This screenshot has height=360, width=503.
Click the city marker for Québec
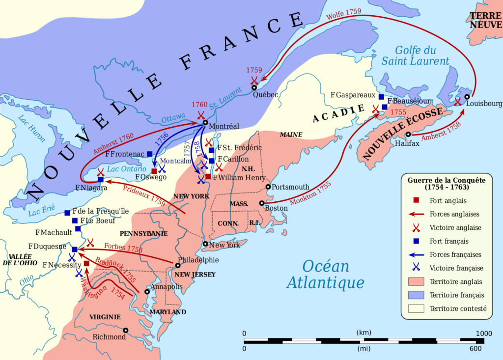(x=254, y=88)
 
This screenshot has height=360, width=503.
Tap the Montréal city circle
(x=205, y=123)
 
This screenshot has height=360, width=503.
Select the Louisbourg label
(x=484, y=104)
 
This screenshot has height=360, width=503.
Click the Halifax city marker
(x=408, y=135)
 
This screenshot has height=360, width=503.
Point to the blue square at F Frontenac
(x=150, y=154)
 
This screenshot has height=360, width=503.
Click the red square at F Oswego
(x=154, y=171)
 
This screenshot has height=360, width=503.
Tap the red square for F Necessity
(x=86, y=264)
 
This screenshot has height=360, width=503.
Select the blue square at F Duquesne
(x=75, y=249)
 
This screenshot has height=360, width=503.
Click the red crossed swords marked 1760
(x=200, y=115)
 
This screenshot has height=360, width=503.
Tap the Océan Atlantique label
(x=326, y=275)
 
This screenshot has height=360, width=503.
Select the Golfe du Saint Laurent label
(x=416, y=55)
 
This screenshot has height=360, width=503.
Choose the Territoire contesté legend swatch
(x=416, y=309)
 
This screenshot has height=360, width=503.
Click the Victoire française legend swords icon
(x=416, y=268)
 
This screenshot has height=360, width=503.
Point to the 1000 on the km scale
(x=476, y=333)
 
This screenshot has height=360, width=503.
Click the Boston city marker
(x=262, y=203)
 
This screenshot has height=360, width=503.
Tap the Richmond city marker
(x=126, y=331)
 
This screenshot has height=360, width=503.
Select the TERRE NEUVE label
(x=485, y=20)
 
